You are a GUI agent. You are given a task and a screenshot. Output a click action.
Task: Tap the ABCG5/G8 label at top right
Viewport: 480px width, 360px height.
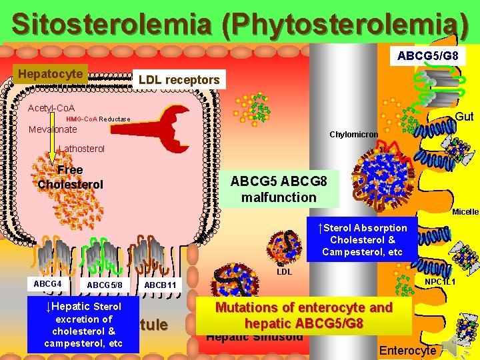(427, 56)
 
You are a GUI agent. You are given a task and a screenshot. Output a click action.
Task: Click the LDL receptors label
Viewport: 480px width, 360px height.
(179, 80)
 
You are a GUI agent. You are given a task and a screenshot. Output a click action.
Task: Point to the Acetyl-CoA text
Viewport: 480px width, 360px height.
(51, 107)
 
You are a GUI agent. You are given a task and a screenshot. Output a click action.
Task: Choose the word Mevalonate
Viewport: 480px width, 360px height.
(53, 129)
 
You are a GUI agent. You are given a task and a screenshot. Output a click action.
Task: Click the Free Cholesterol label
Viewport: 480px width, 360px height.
(70, 177)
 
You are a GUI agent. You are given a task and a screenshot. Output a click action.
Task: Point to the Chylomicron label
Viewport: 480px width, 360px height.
(353, 135)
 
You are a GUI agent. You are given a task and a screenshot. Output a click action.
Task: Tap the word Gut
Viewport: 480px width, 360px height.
(464, 117)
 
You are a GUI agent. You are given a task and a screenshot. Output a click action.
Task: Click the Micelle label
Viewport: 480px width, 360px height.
(465, 212)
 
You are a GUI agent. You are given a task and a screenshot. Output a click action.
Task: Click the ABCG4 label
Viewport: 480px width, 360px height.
(47, 284)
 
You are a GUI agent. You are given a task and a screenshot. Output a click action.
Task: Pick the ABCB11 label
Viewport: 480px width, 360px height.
(160, 285)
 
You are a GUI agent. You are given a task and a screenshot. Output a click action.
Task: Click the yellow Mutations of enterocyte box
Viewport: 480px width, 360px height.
(304, 316)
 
